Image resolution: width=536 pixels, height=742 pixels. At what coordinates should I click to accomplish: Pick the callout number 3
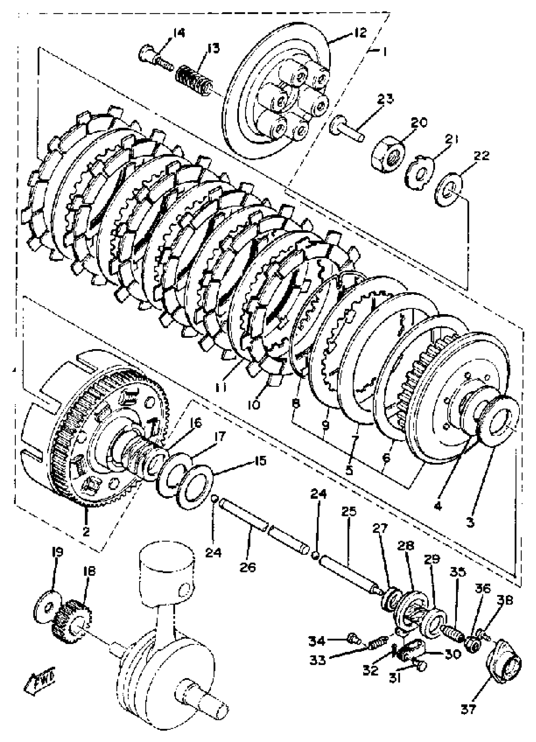(x=470, y=522)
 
